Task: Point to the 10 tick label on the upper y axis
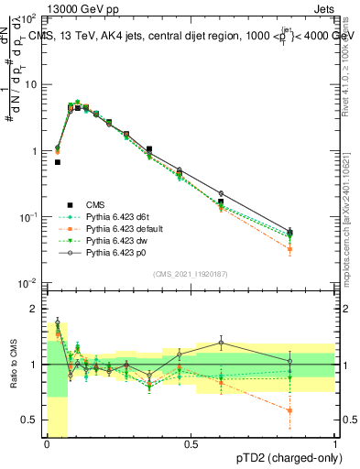[30, 84]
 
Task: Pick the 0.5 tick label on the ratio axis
[30, 420]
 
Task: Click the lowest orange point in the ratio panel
[289, 410]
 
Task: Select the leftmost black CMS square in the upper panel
[58, 162]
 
